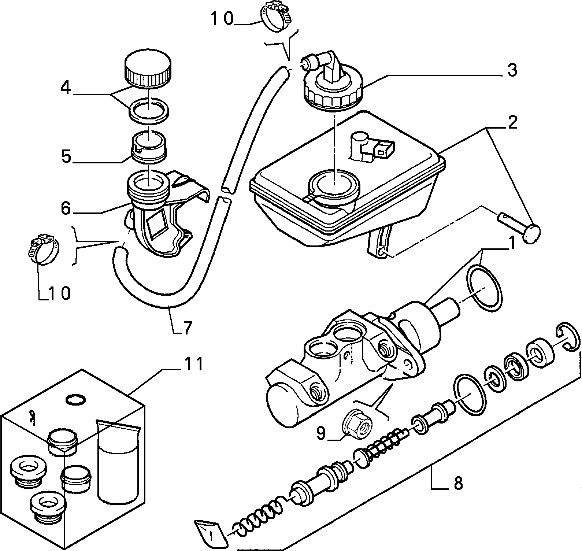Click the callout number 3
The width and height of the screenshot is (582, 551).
point(512,70)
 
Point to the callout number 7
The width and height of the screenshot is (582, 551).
point(187,328)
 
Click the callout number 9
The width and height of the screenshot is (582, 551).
point(320,433)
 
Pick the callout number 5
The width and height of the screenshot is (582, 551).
point(66,156)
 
